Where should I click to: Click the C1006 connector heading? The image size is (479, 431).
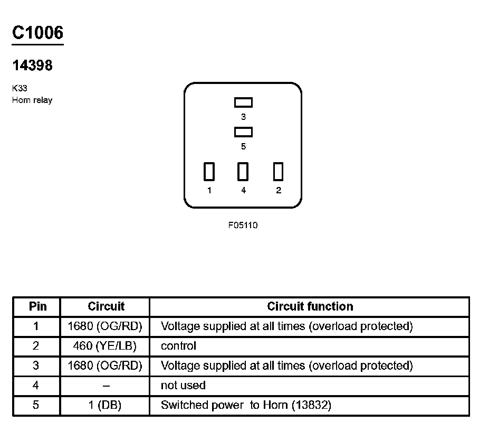click(37, 33)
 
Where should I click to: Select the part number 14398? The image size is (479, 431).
click(32, 65)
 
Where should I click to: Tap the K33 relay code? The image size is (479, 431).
click(19, 89)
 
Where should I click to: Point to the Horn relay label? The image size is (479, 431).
click(32, 100)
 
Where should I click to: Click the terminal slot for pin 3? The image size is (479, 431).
click(243, 102)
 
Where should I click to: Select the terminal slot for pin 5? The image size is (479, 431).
click(243, 132)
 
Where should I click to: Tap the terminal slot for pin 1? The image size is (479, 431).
click(209, 172)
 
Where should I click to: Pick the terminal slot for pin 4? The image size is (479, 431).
click(243, 172)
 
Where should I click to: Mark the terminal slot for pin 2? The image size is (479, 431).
click(279, 172)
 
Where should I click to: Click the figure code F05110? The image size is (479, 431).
click(243, 225)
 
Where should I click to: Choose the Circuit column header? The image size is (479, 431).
click(106, 306)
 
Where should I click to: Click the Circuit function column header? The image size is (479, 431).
click(310, 306)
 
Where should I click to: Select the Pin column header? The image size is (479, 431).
click(37, 306)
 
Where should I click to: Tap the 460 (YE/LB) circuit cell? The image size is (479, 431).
click(106, 346)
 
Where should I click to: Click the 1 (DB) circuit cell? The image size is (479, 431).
click(106, 406)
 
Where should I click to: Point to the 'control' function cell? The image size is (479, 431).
click(178, 346)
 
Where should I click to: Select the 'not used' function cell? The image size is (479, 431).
click(183, 386)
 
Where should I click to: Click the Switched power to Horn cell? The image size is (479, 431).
click(246, 406)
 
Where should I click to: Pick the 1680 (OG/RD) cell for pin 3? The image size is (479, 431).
click(106, 366)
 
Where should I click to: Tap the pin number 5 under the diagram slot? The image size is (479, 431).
click(243, 146)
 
